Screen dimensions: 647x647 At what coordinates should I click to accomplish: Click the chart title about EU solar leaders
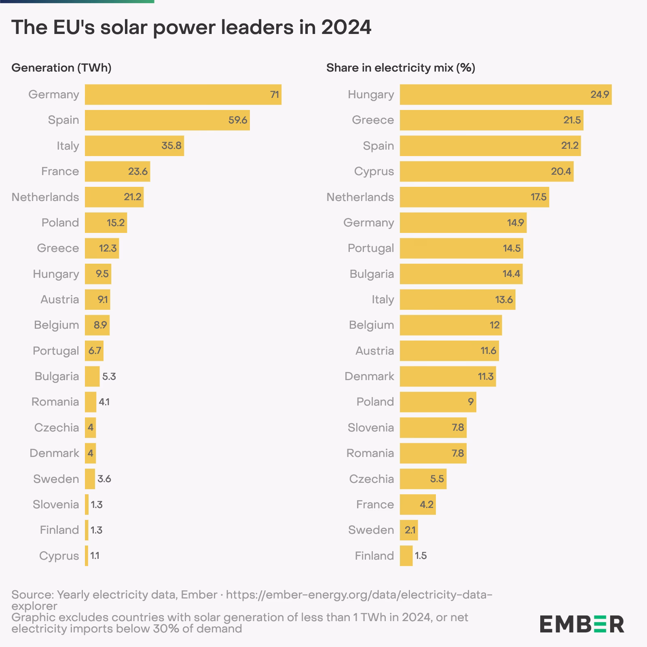click(191, 27)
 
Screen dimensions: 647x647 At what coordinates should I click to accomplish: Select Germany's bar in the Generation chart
click(183, 95)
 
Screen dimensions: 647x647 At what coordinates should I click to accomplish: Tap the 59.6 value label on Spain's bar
click(238, 120)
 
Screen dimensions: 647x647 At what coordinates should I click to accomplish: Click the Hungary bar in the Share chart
click(505, 95)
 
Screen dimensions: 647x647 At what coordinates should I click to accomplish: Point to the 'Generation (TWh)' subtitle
click(61, 68)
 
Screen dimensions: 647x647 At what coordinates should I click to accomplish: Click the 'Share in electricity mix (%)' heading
click(400, 68)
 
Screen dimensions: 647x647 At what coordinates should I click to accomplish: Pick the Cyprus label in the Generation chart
click(59, 556)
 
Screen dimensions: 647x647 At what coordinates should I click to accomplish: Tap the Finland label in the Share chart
click(374, 556)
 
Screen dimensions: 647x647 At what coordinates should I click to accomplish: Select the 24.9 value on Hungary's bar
click(599, 95)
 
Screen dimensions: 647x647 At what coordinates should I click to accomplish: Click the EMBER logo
click(581, 624)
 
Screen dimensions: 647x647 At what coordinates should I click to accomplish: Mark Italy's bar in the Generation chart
click(134, 146)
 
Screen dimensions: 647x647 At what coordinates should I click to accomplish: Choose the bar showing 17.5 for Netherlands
click(474, 197)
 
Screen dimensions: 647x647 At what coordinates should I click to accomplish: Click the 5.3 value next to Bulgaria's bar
click(109, 376)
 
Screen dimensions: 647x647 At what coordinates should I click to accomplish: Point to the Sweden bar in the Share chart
click(408, 530)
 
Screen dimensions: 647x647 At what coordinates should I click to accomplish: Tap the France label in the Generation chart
click(60, 171)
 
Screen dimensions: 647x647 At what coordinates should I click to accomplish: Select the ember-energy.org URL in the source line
click(359, 594)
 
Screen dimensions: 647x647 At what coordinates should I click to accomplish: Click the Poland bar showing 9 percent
click(438, 402)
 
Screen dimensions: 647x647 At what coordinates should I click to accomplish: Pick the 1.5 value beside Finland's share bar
click(421, 556)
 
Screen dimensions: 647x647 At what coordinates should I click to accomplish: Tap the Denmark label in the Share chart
click(369, 376)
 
